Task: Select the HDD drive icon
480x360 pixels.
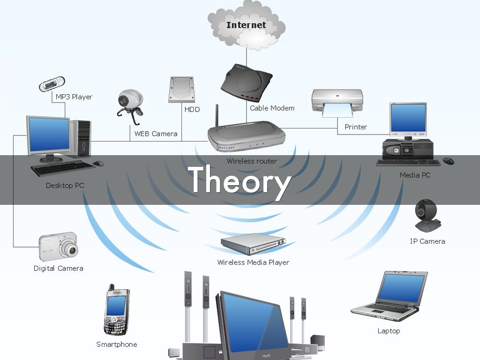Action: point(180,89)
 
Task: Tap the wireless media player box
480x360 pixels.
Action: point(253,243)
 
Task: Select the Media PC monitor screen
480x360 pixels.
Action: point(408,118)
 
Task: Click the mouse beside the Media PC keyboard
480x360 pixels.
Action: point(449,161)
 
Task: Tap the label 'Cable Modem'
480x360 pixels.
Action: point(272,108)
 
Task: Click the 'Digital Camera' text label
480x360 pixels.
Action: point(58,269)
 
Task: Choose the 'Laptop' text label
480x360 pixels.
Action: point(389,331)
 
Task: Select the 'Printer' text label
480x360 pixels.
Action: point(355,127)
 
